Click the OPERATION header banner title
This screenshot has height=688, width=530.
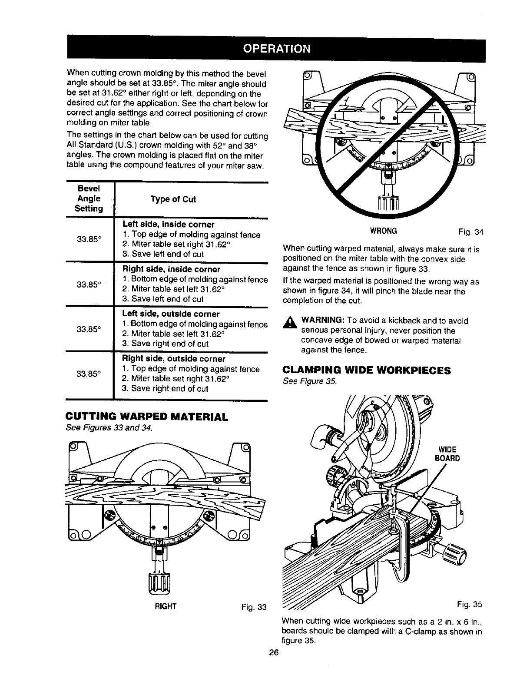(276, 48)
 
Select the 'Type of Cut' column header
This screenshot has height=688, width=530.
(173, 199)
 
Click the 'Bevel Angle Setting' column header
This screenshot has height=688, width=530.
(89, 198)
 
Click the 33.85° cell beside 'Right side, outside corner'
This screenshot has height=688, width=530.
(89, 373)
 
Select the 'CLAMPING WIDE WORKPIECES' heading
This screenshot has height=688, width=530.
(367, 370)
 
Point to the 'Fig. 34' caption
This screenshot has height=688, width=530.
(471, 232)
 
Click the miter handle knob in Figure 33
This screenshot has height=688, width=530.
(159, 581)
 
